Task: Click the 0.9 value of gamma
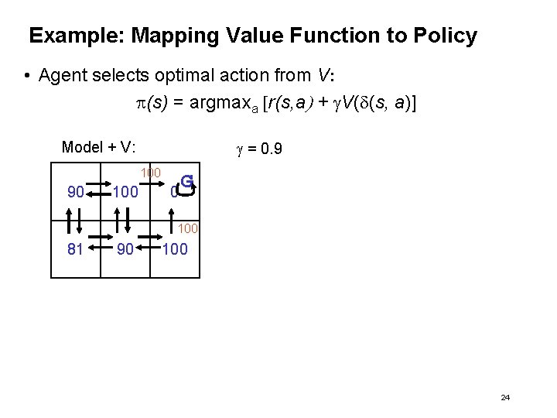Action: pyautogui.click(x=268, y=147)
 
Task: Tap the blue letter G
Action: pyautogui.click(x=186, y=183)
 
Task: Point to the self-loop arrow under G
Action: pyautogui.click(x=185, y=191)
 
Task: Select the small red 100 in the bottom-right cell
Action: pyautogui.click(x=188, y=228)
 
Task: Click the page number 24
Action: pyautogui.click(x=505, y=397)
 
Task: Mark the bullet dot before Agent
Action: pyautogui.click(x=27, y=76)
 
